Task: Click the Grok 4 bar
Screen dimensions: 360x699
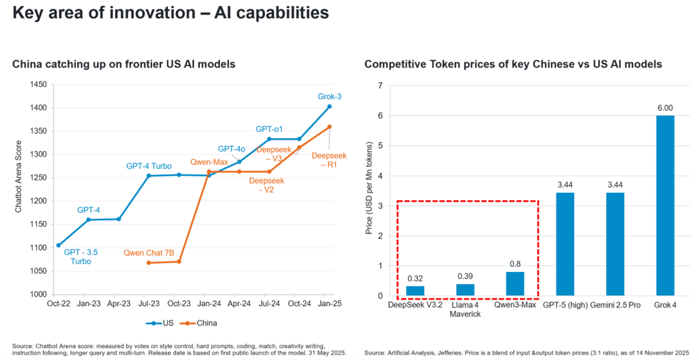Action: [665, 205]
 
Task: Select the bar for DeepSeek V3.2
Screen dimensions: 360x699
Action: [415, 291]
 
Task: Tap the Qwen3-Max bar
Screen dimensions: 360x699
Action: [515, 284]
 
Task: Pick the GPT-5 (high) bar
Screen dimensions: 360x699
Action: [565, 244]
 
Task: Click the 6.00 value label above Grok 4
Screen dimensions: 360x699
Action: [665, 108]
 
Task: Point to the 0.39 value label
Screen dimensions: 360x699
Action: [465, 276]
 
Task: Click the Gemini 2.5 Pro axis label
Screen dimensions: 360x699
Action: [615, 305]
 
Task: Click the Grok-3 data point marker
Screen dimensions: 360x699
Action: [329, 106]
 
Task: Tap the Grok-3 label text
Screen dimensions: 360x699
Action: [329, 97]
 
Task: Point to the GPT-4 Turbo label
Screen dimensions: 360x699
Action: [149, 166]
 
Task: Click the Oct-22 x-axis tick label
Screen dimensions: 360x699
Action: [58, 304]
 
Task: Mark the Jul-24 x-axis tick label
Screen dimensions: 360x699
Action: [269, 304]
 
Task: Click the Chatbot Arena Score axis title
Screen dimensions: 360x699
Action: [18, 176]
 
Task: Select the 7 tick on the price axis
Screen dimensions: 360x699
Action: [380, 86]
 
